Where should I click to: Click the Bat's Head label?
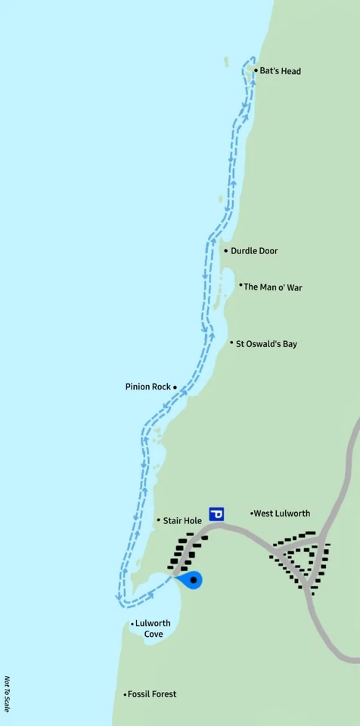pyautogui.click(x=280, y=71)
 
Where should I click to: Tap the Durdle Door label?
pyautogui.click(x=254, y=251)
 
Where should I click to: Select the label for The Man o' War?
pyautogui.click(x=272, y=287)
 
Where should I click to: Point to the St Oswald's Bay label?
pyautogui.click(x=266, y=344)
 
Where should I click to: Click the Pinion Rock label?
pyautogui.click(x=148, y=386)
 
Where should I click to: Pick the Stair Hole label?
pyautogui.click(x=182, y=520)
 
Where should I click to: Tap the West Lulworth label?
pyautogui.click(x=281, y=513)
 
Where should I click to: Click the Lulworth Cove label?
pyautogui.click(x=154, y=628)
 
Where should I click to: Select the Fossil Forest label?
pyautogui.click(x=152, y=694)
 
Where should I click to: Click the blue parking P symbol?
pyautogui.click(x=216, y=514)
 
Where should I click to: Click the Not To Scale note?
pyautogui.click(x=8, y=694)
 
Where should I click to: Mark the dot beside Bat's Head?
pyautogui.click(x=256, y=71)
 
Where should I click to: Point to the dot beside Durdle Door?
pyautogui.click(x=226, y=251)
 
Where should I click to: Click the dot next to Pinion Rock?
pyautogui.click(x=175, y=387)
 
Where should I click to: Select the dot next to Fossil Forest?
pyautogui.click(x=125, y=694)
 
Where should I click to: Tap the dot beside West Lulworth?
pyautogui.click(x=252, y=513)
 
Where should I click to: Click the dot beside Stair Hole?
pyautogui.click(x=159, y=520)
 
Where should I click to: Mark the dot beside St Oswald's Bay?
pyautogui.click(x=231, y=343)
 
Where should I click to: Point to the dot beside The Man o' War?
pyautogui.click(x=241, y=286)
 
